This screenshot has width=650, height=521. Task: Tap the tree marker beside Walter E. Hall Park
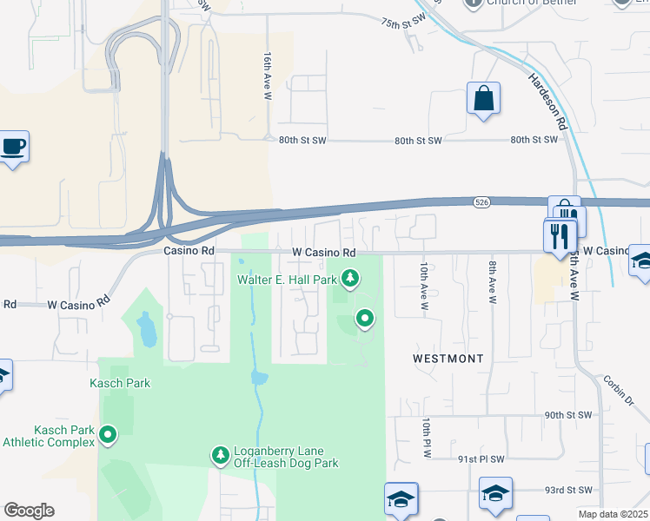[350, 279]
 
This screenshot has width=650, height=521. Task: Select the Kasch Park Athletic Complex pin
[109, 432]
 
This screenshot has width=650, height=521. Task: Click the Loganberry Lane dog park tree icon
[220, 454]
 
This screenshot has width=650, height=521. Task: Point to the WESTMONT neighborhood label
[447, 358]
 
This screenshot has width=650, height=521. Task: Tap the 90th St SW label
[568, 416]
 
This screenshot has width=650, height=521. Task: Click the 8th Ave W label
[492, 282]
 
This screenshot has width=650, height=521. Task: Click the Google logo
[29, 511]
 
